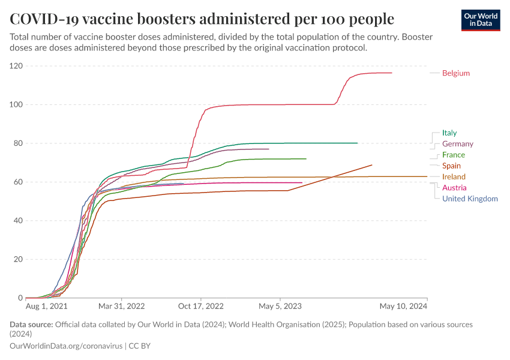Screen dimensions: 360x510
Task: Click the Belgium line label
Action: [455, 73]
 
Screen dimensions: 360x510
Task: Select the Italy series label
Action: [449, 133]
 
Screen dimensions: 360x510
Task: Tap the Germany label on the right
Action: [457, 144]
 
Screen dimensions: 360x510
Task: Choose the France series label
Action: [453, 155]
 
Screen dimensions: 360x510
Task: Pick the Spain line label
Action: [451, 166]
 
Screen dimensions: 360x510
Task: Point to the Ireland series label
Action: [454, 177]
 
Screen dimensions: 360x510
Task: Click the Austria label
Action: [454, 188]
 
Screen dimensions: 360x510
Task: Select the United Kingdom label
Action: [470, 199]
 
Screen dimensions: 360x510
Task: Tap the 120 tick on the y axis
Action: [16, 66]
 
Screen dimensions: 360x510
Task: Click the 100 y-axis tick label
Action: [16, 104]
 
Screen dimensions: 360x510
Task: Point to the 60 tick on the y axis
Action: [18, 182]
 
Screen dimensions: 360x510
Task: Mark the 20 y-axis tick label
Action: [18, 259]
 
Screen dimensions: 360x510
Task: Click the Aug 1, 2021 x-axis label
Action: [47, 306]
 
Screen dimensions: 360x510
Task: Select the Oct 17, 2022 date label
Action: [201, 306]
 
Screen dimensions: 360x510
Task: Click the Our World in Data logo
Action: [481, 20]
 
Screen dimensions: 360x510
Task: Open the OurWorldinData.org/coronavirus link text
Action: [66, 346]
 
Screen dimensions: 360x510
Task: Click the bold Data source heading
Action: [31, 325]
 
